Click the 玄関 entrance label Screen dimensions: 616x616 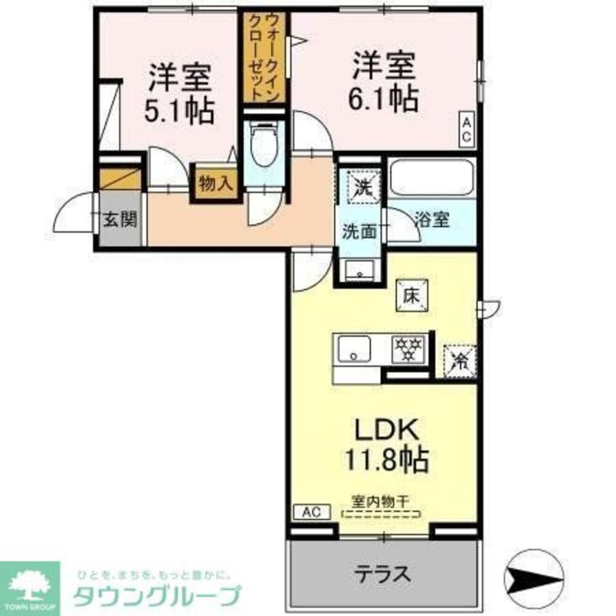click(x=120, y=219)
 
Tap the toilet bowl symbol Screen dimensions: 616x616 click(x=264, y=144)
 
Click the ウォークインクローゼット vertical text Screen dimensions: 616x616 click(x=264, y=57)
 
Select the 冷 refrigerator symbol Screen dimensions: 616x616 click(x=459, y=360)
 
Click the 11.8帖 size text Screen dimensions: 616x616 click(x=381, y=459)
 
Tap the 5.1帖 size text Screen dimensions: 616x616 click(x=179, y=111)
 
